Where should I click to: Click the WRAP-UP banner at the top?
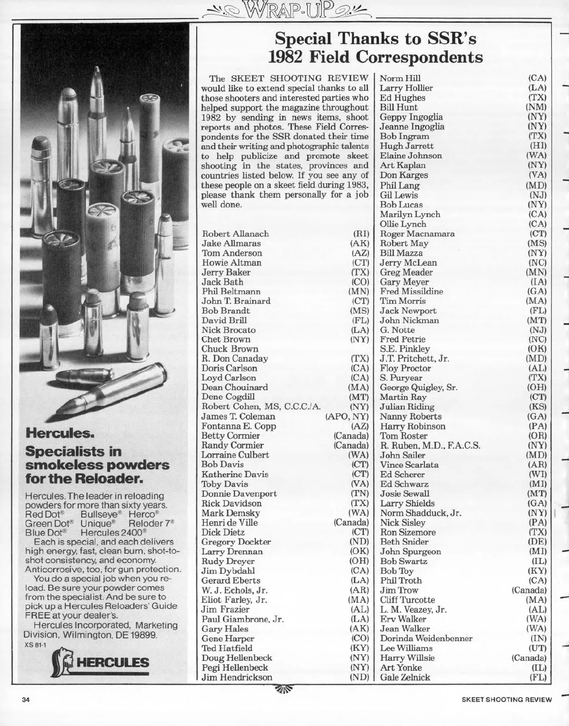(x=284, y=8)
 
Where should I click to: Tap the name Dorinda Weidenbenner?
(x=426, y=638)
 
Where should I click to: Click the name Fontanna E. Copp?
(x=239, y=426)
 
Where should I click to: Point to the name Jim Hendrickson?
(x=237, y=677)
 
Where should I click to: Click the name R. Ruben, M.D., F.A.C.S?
(x=430, y=445)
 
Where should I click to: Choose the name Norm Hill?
(x=400, y=78)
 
